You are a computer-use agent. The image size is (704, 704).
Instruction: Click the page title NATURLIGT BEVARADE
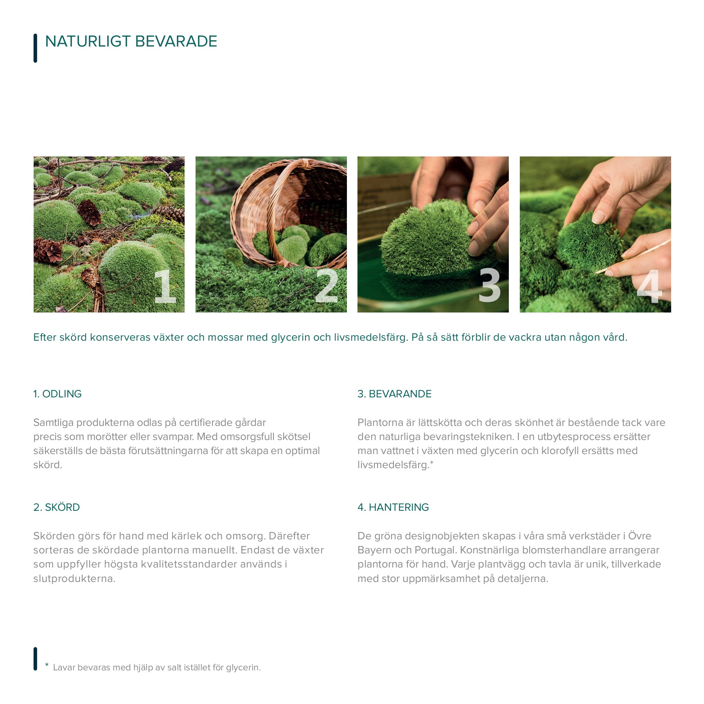click(131, 41)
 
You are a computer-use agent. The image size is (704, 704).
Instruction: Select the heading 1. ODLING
click(57, 394)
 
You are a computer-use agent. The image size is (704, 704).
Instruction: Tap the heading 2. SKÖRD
click(57, 507)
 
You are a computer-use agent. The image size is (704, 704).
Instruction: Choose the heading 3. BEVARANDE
click(395, 394)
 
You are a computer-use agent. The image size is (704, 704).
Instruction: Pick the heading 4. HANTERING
click(393, 507)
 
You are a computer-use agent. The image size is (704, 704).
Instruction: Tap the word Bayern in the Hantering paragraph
click(374, 550)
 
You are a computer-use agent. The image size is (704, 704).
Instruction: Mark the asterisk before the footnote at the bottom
click(47, 665)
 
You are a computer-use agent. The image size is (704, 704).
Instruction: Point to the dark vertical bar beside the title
click(35, 48)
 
